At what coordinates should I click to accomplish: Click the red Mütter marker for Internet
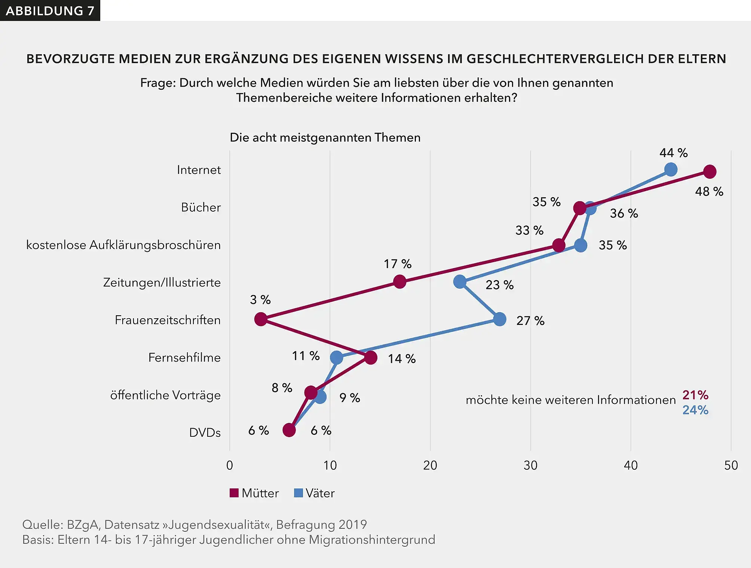(x=709, y=172)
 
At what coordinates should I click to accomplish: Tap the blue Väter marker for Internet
(x=671, y=169)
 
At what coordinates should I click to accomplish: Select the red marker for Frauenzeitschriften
(x=261, y=319)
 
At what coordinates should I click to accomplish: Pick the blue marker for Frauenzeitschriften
(x=500, y=319)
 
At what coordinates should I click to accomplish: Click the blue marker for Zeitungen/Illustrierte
(x=460, y=282)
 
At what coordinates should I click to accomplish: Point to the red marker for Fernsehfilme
(x=371, y=357)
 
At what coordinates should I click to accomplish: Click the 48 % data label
(x=709, y=191)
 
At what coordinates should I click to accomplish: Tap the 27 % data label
(x=530, y=321)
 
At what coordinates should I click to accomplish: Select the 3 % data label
(x=260, y=300)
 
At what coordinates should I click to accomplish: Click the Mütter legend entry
(x=255, y=493)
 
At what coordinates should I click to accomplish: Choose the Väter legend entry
(x=315, y=493)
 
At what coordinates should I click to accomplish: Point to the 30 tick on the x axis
(x=530, y=465)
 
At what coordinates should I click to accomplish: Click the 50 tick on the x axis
(x=731, y=465)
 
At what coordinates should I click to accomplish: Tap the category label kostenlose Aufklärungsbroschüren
(x=123, y=245)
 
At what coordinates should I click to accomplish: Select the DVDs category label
(x=205, y=433)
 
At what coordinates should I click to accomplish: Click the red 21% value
(x=695, y=394)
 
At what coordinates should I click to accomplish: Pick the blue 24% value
(x=695, y=410)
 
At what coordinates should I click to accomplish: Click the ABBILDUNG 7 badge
(x=50, y=10)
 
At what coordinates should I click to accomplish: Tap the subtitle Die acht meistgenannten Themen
(x=325, y=137)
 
